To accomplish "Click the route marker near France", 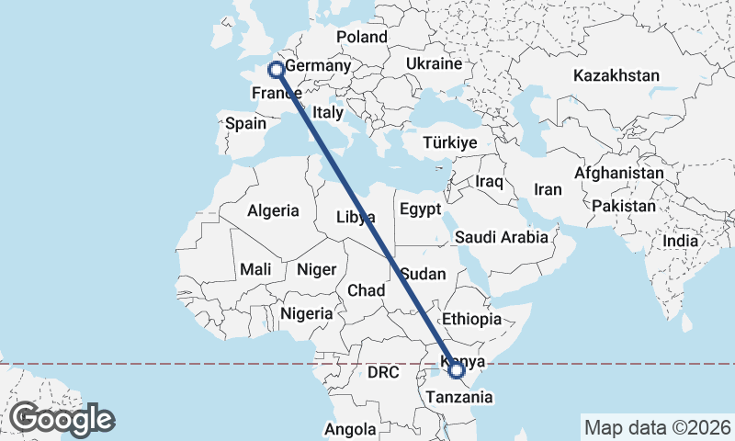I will pos(275,69).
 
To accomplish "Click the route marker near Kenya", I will pos(457,370).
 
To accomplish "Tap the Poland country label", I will pos(362,37).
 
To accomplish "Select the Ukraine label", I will pos(433,64).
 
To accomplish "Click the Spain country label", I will pos(245,123).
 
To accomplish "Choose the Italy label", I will pos(327,112).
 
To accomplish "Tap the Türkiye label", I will pos(450,142).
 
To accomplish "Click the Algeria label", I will pos(273,210).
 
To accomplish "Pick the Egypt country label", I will pos(422,209).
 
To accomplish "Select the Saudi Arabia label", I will pos(502,237).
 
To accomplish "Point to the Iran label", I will pos(548,189).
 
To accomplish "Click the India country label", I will pos(681,240).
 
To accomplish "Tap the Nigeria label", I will pos(306,313).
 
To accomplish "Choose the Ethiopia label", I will pos(471,319).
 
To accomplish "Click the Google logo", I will pos(62,419).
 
